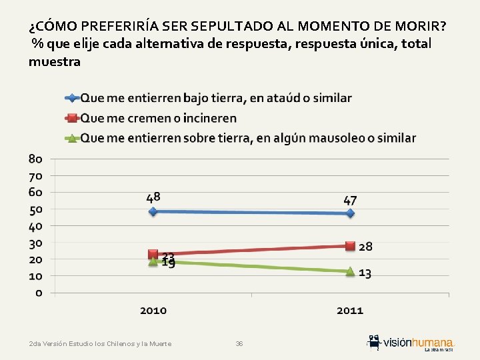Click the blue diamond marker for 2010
[x=153, y=211]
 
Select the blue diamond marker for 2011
[x=350, y=213]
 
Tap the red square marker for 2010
[x=153, y=254]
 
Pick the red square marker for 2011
[x=350, y=245]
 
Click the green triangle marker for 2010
[x=153, y=261]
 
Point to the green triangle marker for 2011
[x=350, y=271]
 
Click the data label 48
[x=153, y=197]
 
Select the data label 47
[x=350, y=200]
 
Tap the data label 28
[x=365, y=247]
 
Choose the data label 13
[x=365, y=273]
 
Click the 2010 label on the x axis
[x=153, y=311]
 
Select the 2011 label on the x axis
[x=350, y=311]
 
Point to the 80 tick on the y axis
[x=36, y=159]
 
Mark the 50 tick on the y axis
[x=36, y=209]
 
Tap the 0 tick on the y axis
[x=39, y=293]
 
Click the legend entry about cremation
[x=159, y=118]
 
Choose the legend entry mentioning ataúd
[x=216, y=98]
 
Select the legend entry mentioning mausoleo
[x=248, y=138]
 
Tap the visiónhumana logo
[x=412, y=341]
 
